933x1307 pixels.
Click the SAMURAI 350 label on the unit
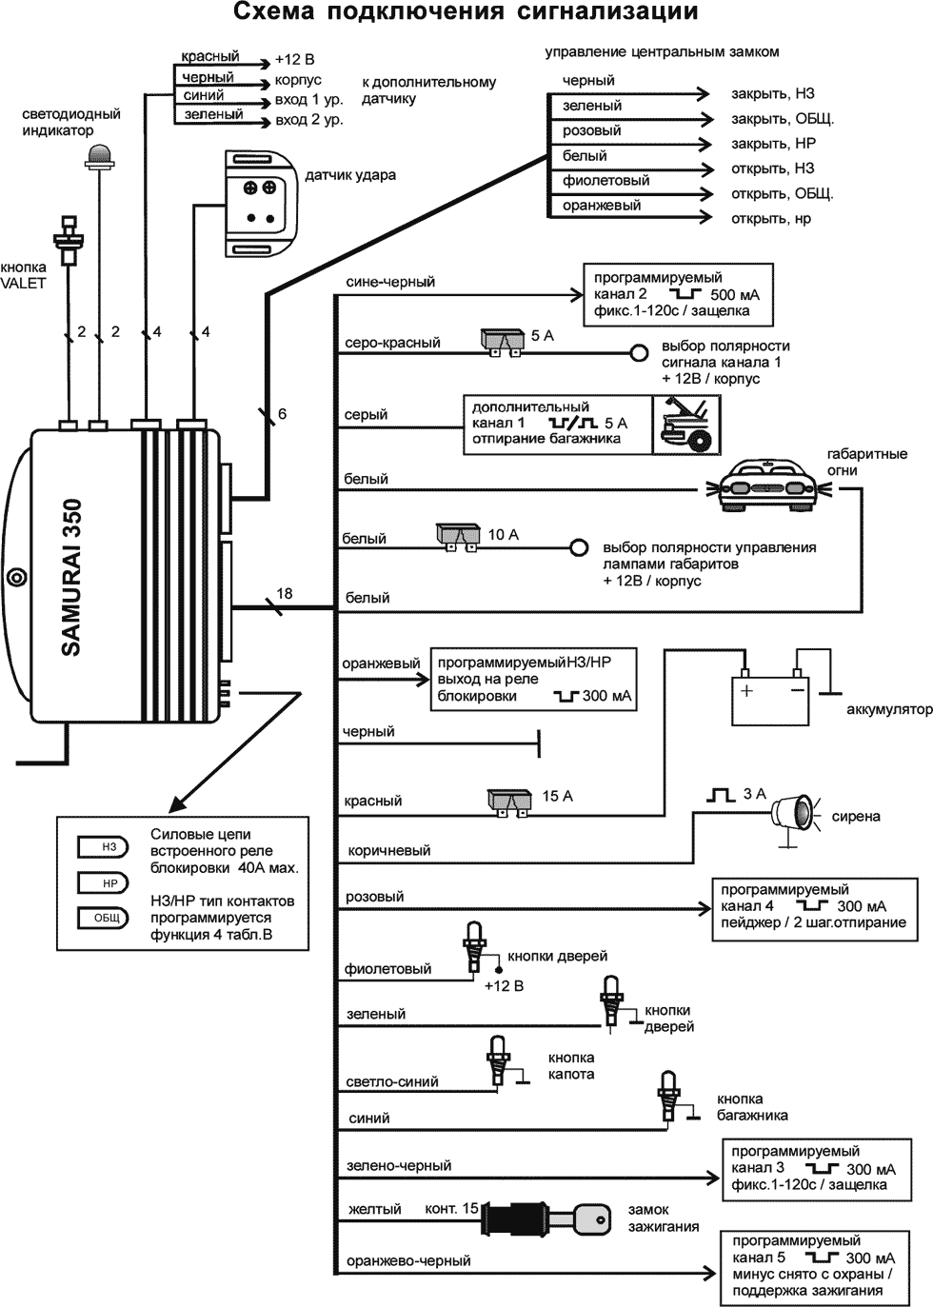click(72, 577)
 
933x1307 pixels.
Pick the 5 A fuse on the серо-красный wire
click(503, 341)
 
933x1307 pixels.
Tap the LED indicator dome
click(99, 155)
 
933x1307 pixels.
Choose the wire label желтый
click(374, 1209)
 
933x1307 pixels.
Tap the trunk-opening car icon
click(688, 424)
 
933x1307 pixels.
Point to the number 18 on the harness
click(284, 594)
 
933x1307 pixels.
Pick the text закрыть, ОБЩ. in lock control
click(782, 119)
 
